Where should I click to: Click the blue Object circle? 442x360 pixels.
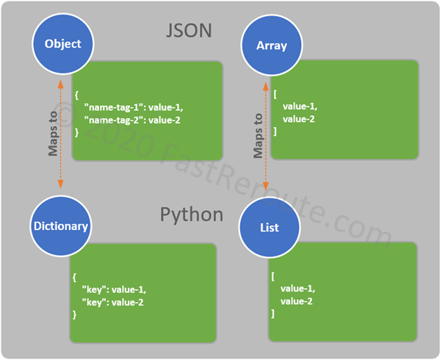62,43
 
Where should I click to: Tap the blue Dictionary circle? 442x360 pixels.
60,226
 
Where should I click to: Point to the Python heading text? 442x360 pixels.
191,215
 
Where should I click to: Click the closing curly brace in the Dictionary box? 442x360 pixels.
75,314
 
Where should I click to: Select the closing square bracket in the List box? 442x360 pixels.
273,314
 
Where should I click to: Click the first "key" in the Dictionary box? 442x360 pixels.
95,289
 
